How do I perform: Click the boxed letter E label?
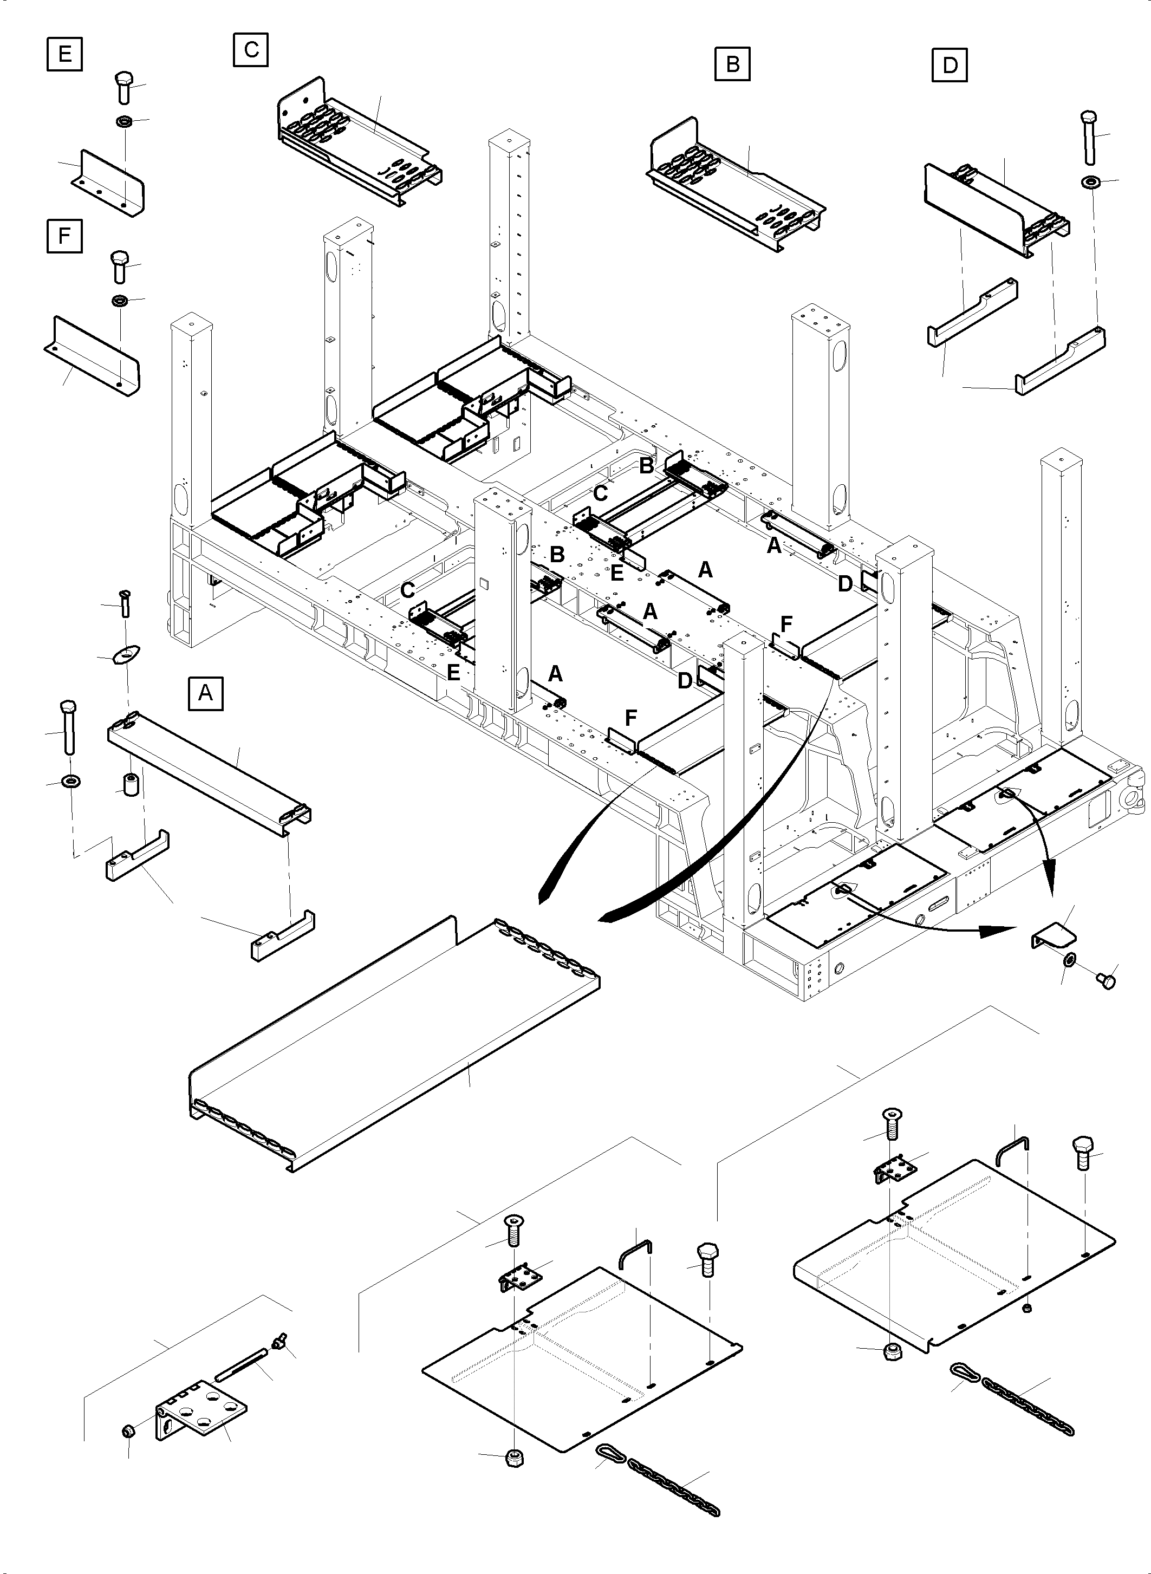point(64,54)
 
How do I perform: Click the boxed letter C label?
point(251,49)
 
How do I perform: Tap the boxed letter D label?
point(950,66)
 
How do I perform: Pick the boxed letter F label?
point(64,236)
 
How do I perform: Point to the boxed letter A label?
point(205,693)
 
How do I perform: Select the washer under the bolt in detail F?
point(119,301)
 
